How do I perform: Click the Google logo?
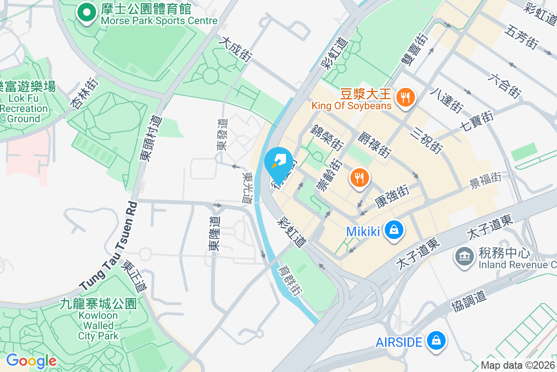coord(31,361)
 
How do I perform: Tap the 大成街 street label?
coord(237,50)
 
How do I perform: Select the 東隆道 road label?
coord(215,233)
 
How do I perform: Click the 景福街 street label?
coord(485,180)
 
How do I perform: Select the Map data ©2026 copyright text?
coord(518,365)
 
